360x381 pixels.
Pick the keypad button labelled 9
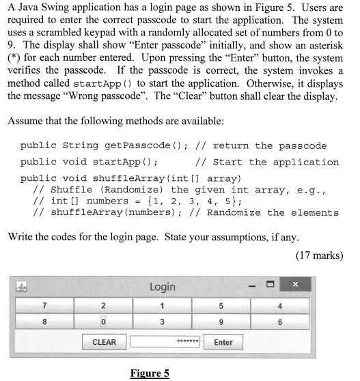click(221, 322)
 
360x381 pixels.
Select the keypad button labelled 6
click(279, 322)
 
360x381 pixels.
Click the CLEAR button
click(104, 342)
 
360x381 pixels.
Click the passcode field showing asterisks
click(165, 342)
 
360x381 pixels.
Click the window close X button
click(295, 285)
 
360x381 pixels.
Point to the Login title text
click(162, 287)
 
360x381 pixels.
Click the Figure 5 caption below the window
click(150, 373)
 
